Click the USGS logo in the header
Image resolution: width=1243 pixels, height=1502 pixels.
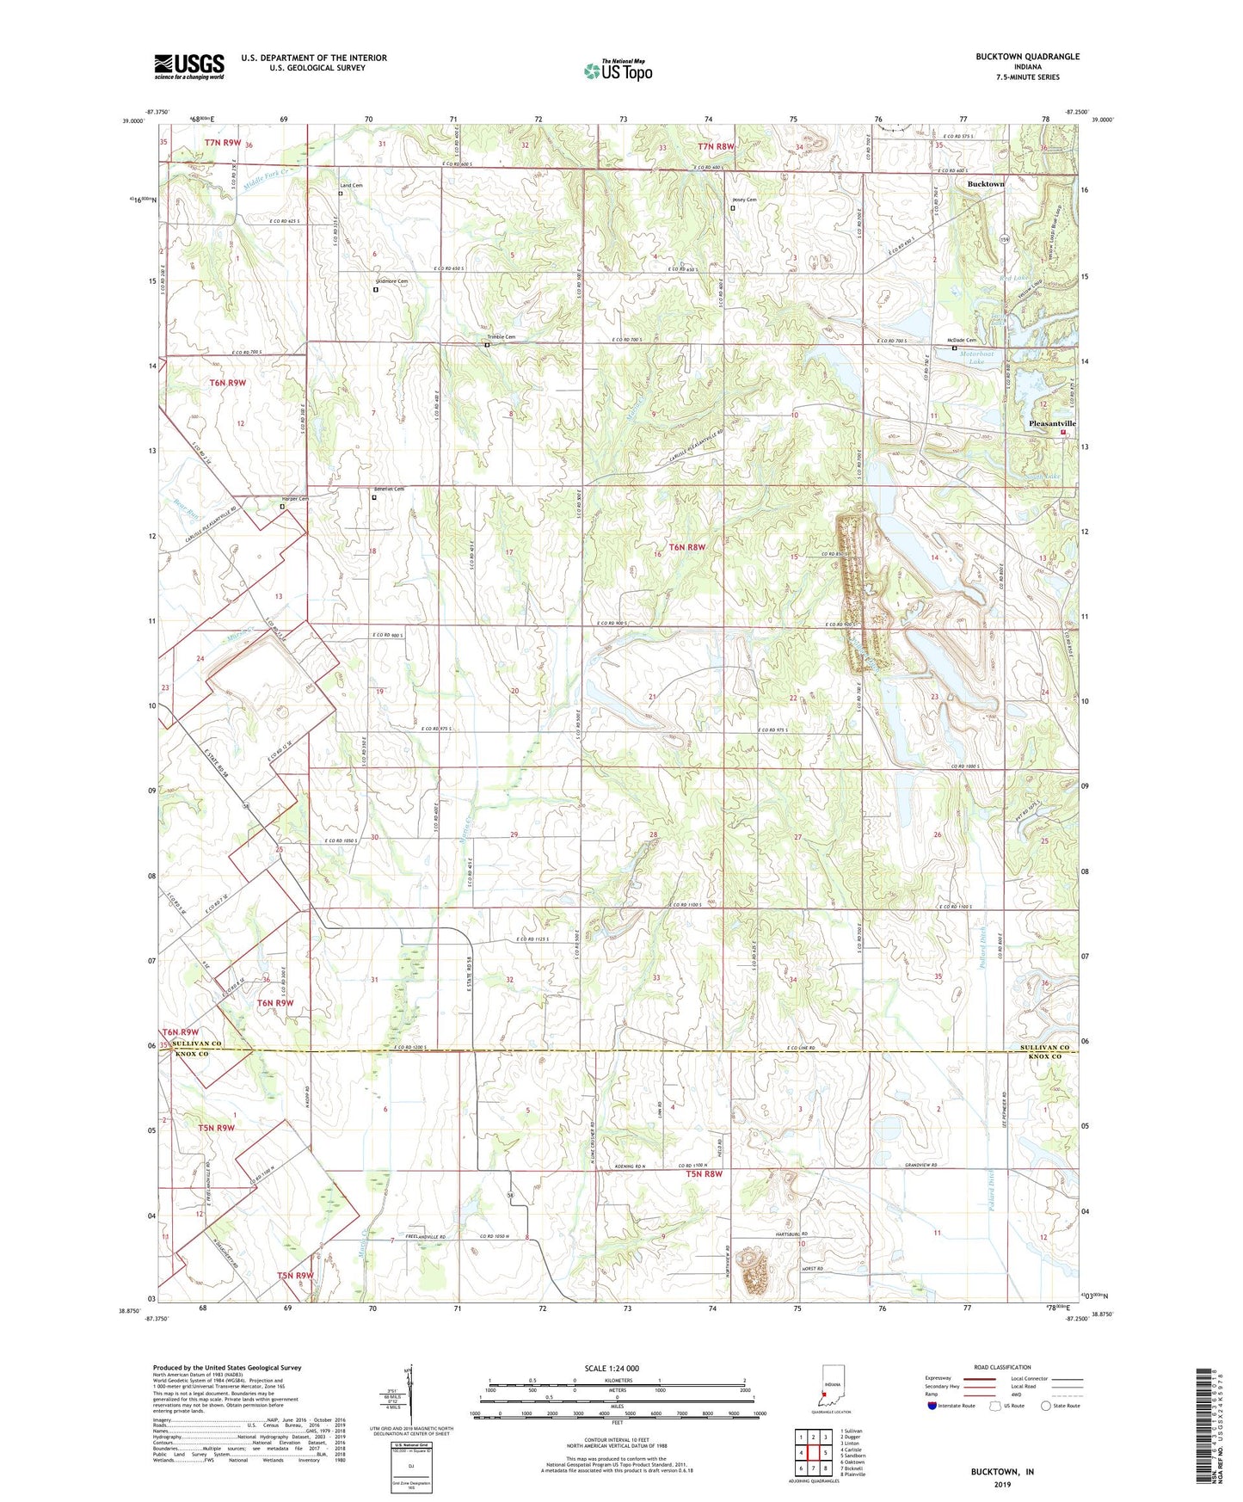[189, 66]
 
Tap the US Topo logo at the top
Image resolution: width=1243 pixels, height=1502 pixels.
[618, 70]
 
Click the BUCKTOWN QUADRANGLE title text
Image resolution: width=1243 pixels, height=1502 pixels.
[1027, 57]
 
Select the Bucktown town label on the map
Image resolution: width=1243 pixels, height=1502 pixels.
[985, 184]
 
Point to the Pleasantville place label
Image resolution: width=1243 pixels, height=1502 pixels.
[1052, 424]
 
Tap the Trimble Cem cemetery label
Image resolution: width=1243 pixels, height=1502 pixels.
[498, 337]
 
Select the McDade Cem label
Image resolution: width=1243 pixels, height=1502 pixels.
[961, 341]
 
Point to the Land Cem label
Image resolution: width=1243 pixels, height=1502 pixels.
[351, 186]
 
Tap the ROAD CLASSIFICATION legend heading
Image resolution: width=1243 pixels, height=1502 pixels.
[1002, 1367]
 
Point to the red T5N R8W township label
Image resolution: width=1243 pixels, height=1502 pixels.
[704, 1173]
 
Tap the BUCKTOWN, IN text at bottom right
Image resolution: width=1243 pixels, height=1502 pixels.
[1002, 1472]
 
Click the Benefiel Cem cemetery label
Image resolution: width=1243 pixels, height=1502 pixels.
[389, 489]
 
